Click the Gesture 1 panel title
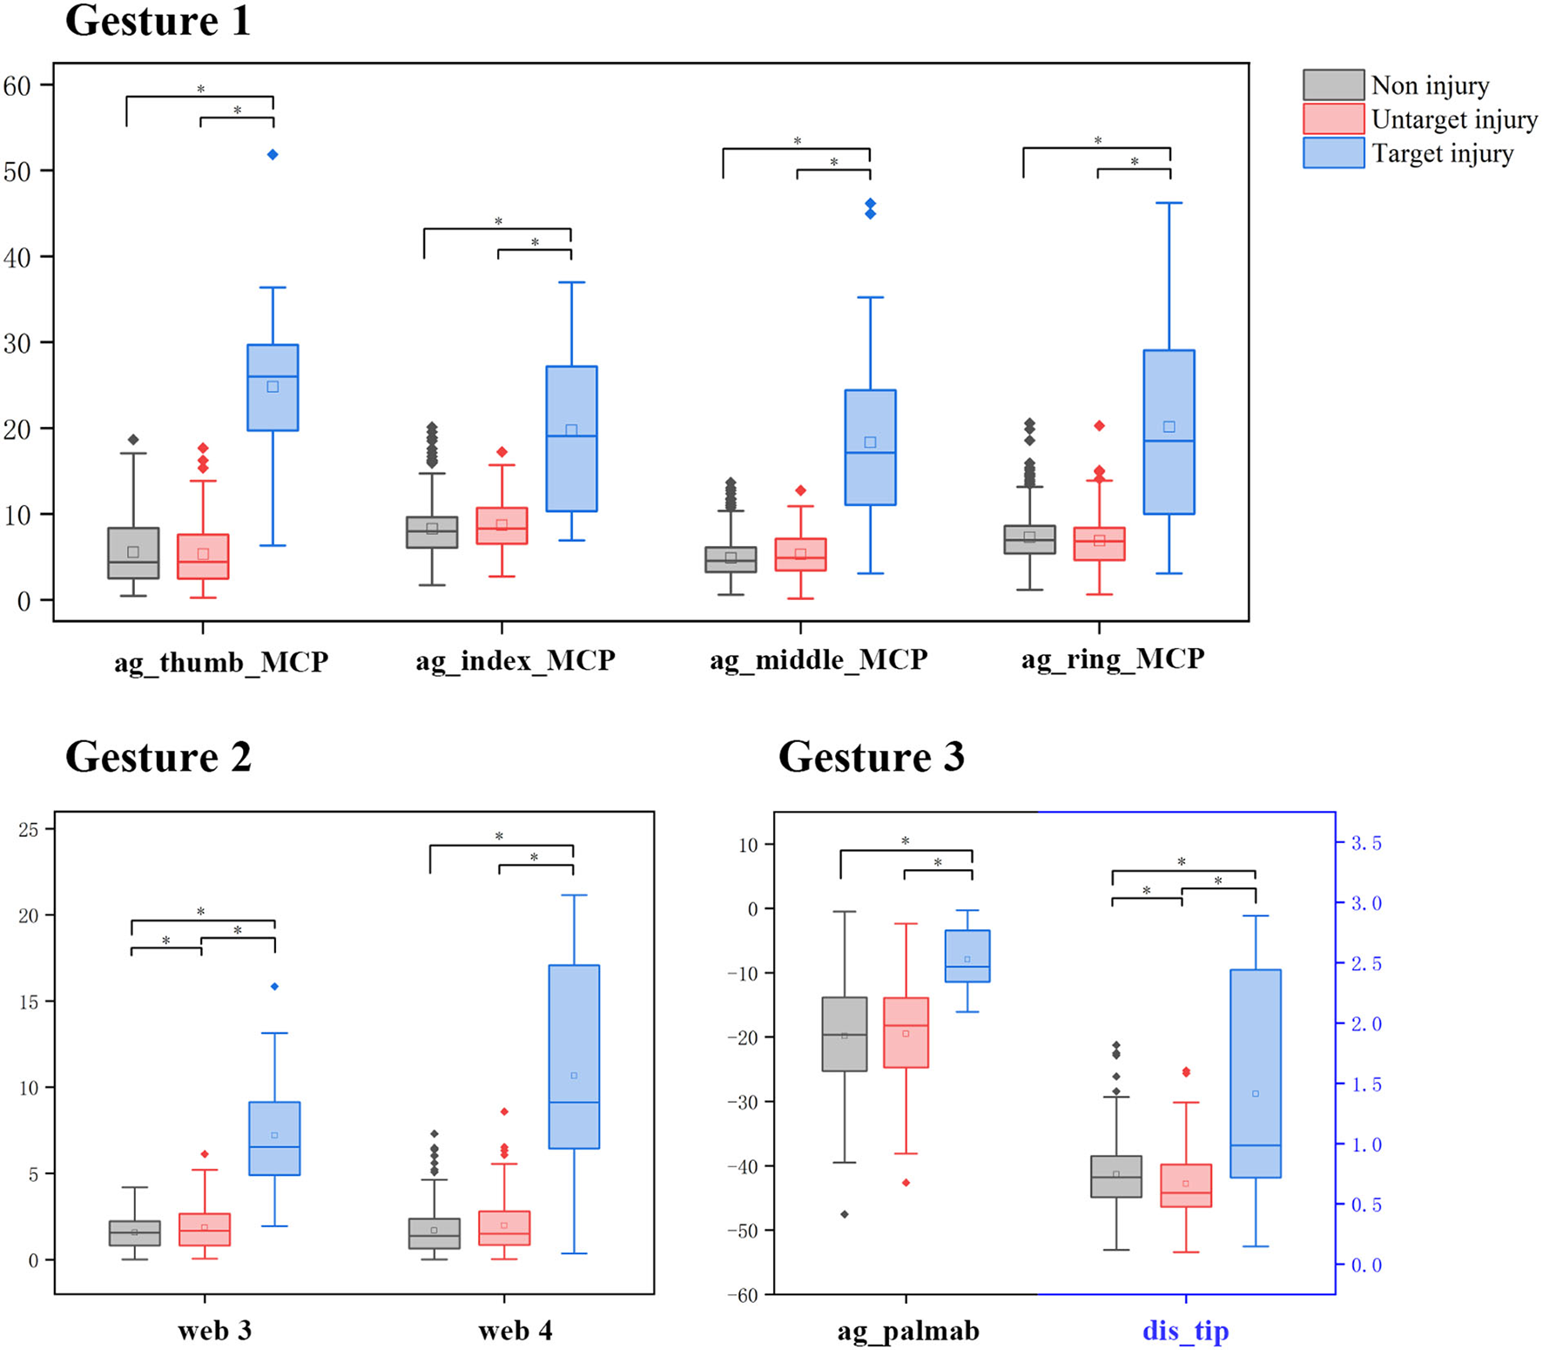158,21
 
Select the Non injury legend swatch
1332,85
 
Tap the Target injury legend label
1442,154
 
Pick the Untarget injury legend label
1454,119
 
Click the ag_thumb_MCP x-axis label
221,662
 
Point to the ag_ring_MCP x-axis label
1113,659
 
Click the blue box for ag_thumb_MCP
273,388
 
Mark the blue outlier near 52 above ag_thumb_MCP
273,155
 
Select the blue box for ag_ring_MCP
1169,432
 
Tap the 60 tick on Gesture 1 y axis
17,85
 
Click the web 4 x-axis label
515,1331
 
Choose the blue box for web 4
574,1056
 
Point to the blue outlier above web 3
274,987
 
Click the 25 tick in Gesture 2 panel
29,829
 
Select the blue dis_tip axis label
1185,1331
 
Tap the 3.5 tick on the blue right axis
1365,843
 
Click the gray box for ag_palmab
845,1034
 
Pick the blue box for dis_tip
1255,1074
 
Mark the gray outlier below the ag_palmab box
845,1214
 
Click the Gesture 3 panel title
871,757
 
